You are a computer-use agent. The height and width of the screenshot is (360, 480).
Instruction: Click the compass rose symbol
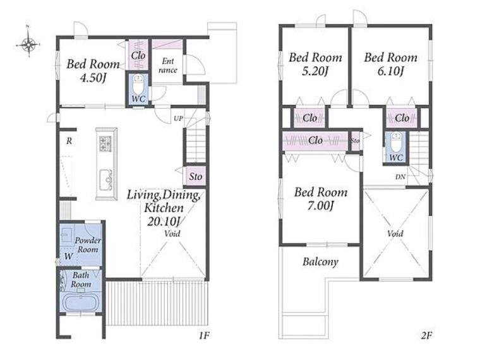click(28, 44)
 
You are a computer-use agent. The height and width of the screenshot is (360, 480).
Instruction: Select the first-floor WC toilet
click(138, 84)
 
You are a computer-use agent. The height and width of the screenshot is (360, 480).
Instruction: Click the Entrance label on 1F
click(168, 66)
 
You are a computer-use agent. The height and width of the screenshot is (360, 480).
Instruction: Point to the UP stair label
click(179, 118)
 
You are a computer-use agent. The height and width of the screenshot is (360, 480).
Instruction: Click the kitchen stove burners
click(105, 143)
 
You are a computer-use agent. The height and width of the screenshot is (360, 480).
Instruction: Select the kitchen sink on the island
click(106, 180)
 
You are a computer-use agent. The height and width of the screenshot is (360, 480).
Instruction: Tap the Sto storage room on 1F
click(196, 176)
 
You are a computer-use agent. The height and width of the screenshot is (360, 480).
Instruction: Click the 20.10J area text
click(164, 220)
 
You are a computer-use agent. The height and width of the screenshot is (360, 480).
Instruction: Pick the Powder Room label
click(88, 245)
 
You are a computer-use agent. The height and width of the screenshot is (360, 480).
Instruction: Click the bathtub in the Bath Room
click(81, 301)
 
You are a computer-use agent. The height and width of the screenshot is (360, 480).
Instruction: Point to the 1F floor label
click(204, 336)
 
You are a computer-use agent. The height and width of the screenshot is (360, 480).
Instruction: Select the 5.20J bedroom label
click(315, 71)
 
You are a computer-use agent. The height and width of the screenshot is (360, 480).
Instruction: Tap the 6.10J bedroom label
click(390, 71)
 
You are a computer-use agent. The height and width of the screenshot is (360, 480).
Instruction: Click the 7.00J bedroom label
click(320, 206)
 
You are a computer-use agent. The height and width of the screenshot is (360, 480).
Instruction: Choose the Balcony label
click(320, 261)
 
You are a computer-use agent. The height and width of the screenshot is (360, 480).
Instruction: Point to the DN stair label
click(400, 177)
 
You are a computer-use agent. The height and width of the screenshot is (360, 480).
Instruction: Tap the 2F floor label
click(426, 336)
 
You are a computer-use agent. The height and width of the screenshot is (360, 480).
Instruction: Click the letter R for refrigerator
click(69, 141)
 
